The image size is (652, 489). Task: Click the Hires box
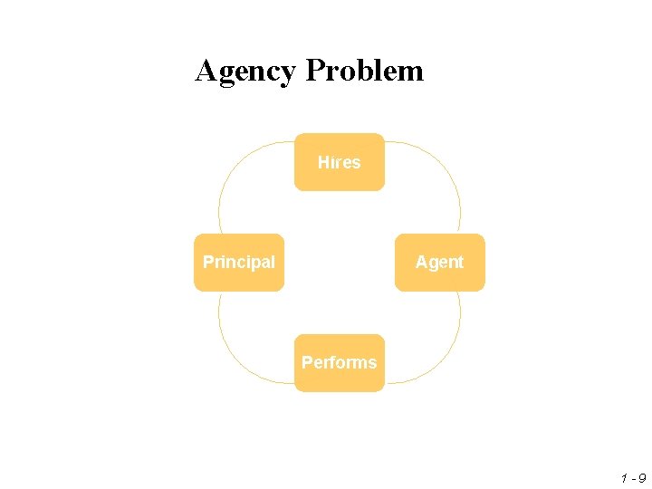[x=340, y=162]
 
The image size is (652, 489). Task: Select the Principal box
[x=239, y=263]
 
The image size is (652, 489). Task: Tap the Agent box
[x=440, y=263]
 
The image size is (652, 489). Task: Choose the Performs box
[x=340, y=363]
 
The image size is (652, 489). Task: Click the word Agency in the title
[x=245, y=71]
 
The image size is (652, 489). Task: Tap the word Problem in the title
[x=364, y=70]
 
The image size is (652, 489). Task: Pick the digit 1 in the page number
[x=624, y=476]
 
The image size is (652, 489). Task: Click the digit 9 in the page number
[x=642, y=476]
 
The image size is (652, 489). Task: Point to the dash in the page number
[x=633, y=477]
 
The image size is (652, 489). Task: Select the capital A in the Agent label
[x=421, y=262]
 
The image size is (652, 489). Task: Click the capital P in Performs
[x=307, y=362]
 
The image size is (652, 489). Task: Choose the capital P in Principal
[x=208, y=262]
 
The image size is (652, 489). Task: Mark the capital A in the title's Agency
[x=206, y=70]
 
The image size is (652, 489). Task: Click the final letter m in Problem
[x=413, y=72]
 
